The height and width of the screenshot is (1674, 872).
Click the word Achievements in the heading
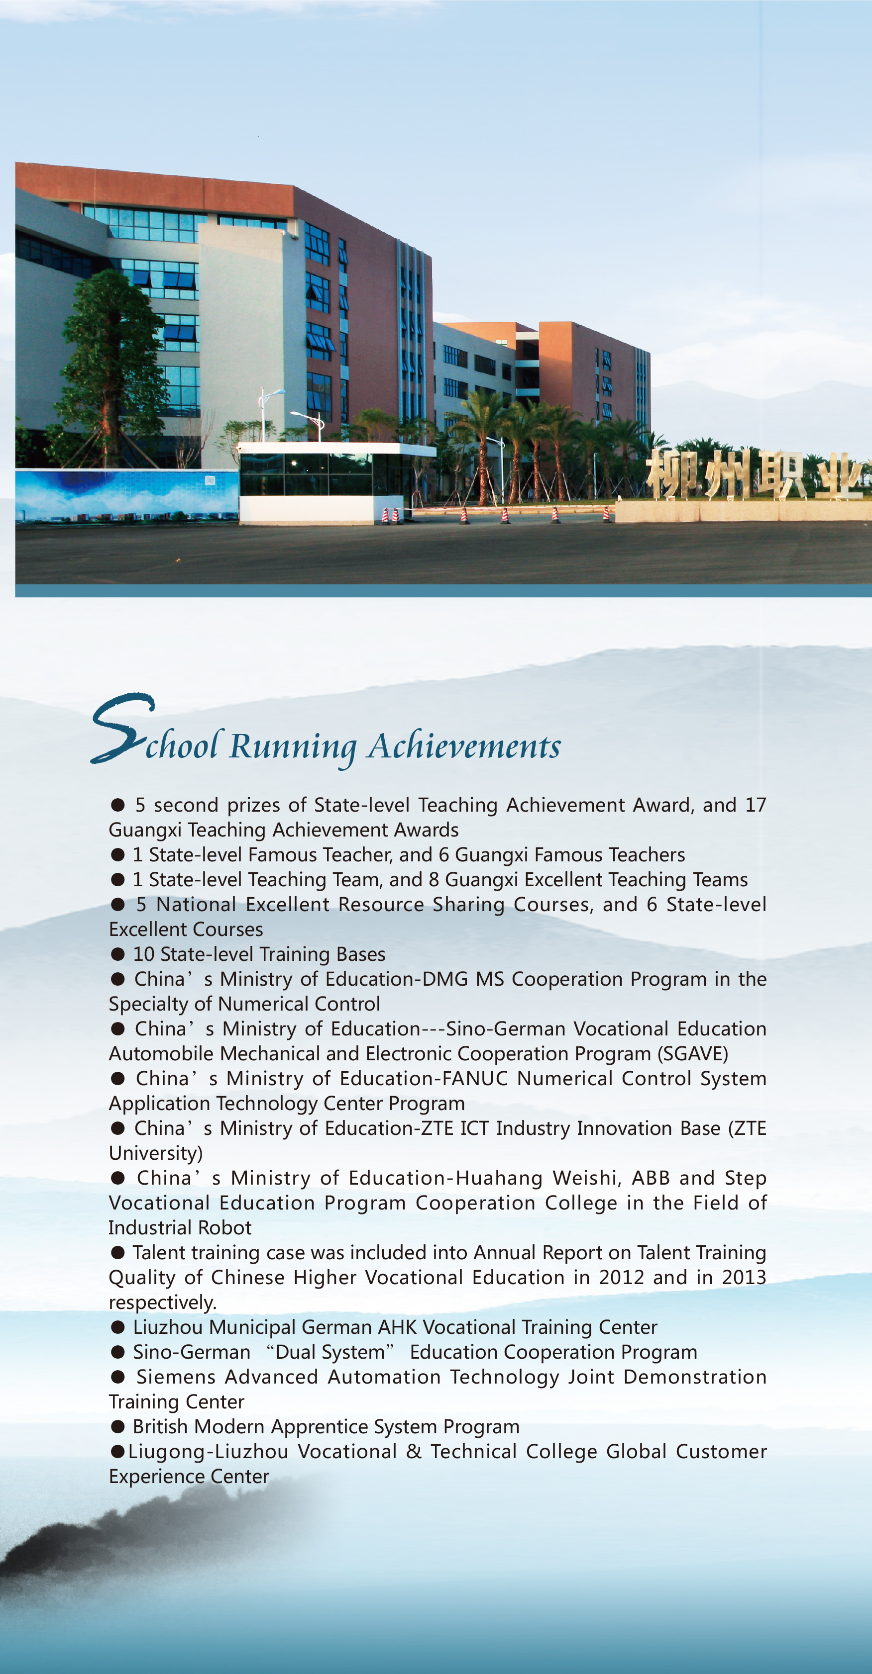tap(464, 746)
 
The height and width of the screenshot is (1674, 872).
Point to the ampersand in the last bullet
tap(414, 1452)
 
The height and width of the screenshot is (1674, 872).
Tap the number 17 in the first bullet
tap(755, 805)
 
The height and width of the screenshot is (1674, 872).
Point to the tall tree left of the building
tap(110, 358)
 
